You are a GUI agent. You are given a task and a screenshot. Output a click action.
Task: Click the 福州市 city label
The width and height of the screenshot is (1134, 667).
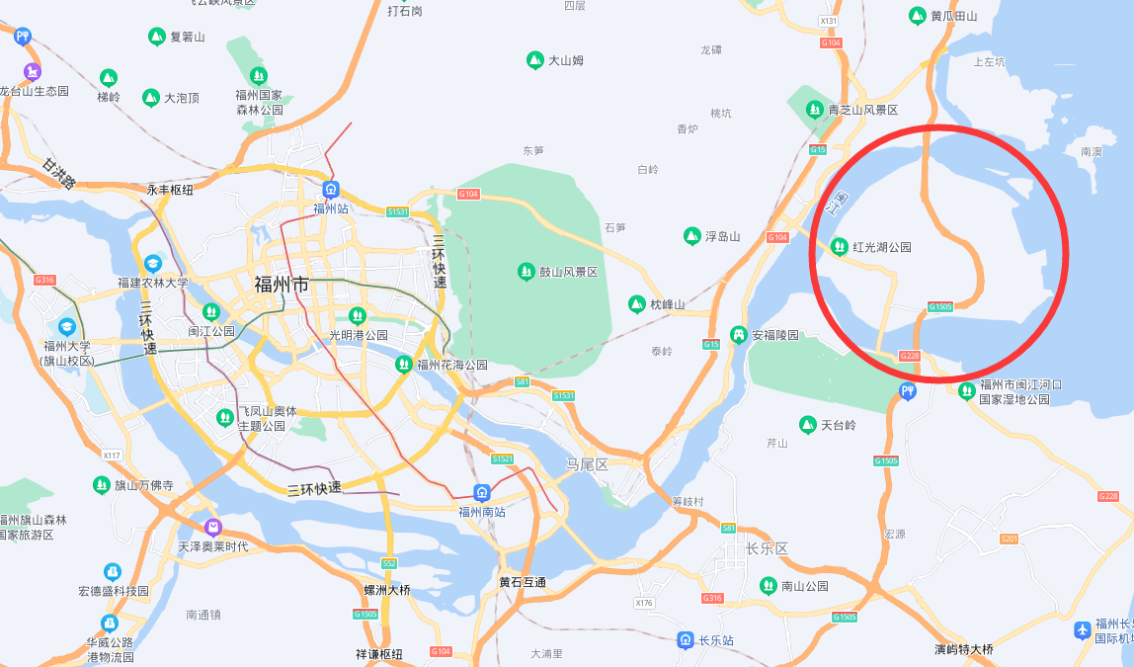(282, 285)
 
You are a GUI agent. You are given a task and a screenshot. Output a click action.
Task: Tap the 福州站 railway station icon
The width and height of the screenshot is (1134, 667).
(331, 190)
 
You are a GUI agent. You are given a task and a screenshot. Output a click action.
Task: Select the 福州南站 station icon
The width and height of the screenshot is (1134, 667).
(482, 493)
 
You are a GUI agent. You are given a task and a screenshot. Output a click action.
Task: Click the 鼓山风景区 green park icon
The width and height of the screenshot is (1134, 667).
(526, 271)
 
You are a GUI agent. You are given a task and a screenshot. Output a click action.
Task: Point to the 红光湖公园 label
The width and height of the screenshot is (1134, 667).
(881, 247)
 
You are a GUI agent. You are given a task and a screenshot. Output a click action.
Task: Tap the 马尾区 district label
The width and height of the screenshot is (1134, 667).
(587, 464)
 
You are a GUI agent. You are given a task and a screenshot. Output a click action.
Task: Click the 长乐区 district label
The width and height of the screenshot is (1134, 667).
(767, 548)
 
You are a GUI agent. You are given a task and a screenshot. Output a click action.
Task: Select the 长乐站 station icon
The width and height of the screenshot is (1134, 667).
(685, 640)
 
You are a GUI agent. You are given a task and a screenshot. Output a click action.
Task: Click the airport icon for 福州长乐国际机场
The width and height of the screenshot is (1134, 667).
(1083, 629)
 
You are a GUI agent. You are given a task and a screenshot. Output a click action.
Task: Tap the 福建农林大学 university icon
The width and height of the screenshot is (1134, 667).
(153, 264)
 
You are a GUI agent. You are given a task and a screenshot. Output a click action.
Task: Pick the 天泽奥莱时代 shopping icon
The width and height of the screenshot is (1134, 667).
(213, 528)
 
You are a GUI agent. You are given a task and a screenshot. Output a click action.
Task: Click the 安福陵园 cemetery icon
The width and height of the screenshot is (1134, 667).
(738, 335)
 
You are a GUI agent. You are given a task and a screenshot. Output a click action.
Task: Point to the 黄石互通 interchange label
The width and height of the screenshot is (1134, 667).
(523, 583)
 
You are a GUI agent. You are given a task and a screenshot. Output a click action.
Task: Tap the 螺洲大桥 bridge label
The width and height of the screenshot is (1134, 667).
(387, 590)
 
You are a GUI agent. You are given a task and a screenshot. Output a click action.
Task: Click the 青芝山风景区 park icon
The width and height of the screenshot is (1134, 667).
(815, 110)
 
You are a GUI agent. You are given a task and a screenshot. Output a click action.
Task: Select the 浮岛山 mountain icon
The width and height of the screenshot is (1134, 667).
(692, 236)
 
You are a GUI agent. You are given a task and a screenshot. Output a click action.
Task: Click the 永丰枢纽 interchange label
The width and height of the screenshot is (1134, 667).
(170, 189)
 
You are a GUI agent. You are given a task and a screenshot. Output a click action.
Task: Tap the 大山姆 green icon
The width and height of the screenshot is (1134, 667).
(534, 60)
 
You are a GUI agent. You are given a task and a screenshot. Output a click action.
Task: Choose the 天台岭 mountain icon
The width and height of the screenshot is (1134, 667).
(808, 425)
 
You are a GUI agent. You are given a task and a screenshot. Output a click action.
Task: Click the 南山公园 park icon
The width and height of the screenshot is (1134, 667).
(768, 586)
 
